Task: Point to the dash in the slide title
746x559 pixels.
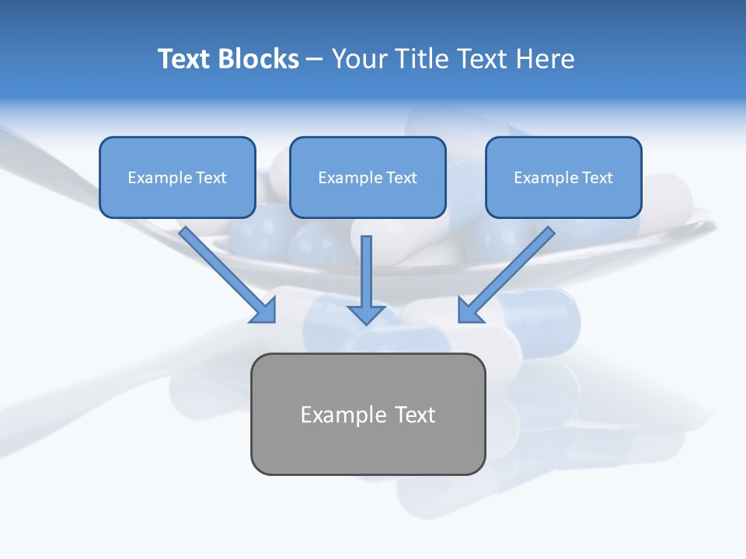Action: point(315,60)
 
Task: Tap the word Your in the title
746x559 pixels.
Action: point(358,59)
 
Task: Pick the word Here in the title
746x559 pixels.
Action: point(547,59)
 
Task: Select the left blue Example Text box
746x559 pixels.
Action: point(177,178)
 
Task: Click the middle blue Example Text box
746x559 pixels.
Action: point(368,178)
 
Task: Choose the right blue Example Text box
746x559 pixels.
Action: point(563,178)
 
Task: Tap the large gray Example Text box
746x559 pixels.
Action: point(368,414)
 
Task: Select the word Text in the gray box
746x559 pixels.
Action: point(415,415)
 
